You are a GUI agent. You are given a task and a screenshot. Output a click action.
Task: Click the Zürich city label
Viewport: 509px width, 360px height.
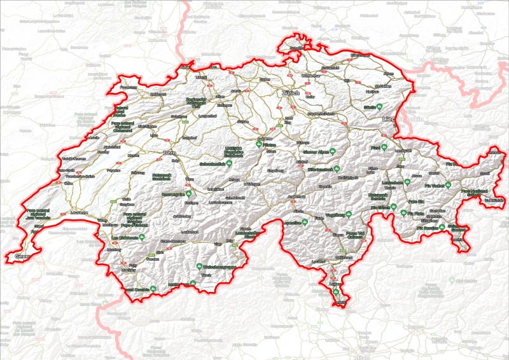click(290, 93)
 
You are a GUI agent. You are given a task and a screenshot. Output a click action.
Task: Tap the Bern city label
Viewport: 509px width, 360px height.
click(169, 153)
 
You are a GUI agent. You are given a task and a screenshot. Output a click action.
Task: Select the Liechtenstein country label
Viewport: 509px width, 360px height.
click(402, 119)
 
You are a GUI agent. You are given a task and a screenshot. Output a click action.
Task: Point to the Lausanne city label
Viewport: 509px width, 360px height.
click(79, 212)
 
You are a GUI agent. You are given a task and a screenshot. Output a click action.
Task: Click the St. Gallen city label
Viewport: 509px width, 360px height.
click(382, 86)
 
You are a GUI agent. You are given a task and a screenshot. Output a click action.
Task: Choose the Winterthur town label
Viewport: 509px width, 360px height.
click(310, 75)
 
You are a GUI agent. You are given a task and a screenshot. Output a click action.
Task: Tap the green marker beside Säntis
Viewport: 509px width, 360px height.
click(380, 106)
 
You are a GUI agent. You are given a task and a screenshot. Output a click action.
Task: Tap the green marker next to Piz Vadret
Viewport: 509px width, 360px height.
click(448, 185)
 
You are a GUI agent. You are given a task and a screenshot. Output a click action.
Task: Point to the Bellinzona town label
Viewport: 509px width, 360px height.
click(344, 258)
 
